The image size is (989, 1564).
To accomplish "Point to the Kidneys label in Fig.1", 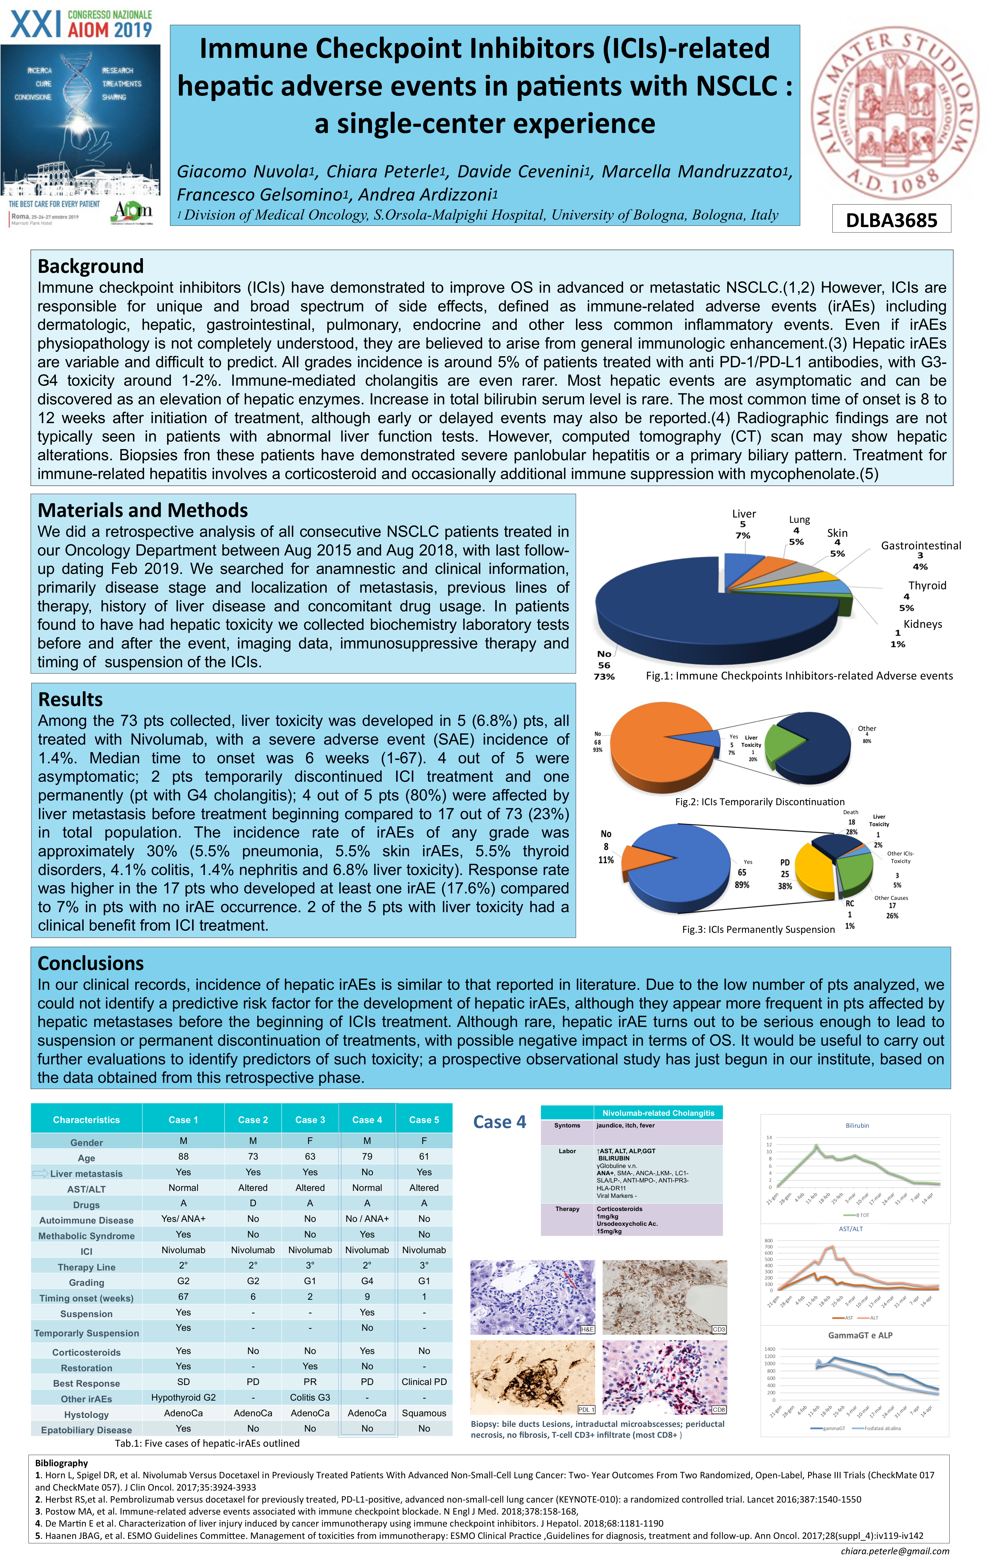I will point(922,624).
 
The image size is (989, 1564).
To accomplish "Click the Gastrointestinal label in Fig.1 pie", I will point(921,545).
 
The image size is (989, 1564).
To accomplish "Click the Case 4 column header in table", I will point(367,1120).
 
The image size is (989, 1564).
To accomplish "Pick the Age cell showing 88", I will point(183,1156).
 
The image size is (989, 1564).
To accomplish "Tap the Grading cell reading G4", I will point(367,1281).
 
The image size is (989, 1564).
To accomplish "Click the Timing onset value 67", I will point(183,1296).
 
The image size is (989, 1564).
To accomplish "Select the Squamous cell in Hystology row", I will point(424,1413).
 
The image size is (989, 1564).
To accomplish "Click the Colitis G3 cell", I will point(310,1398).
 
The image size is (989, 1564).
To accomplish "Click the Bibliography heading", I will point(62,1463).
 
